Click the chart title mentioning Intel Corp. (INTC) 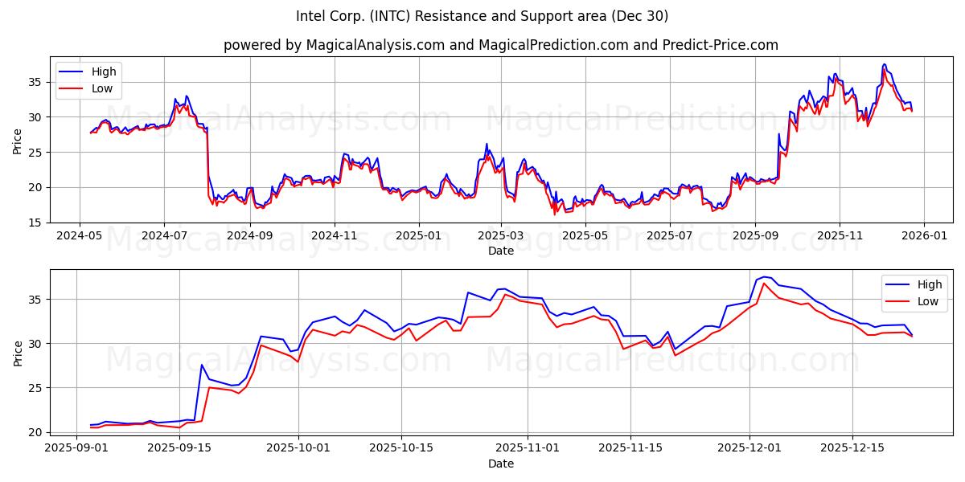click(x=482, y=16)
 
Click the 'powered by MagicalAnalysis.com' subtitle click(x=500, y=45)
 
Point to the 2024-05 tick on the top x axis click(x=79, y=236)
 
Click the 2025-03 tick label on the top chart click(x=501, y=236)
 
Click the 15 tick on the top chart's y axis click(x=36, y=223)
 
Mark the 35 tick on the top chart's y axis click(x=36, y=82)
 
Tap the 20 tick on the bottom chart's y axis click(x=36, y=432)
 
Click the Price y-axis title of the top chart click(x=18, y=140)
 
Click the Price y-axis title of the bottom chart click(x=18, y=353)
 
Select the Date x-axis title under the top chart click(x=500, y=251)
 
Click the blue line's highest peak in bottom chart click(x=764, y=277)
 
